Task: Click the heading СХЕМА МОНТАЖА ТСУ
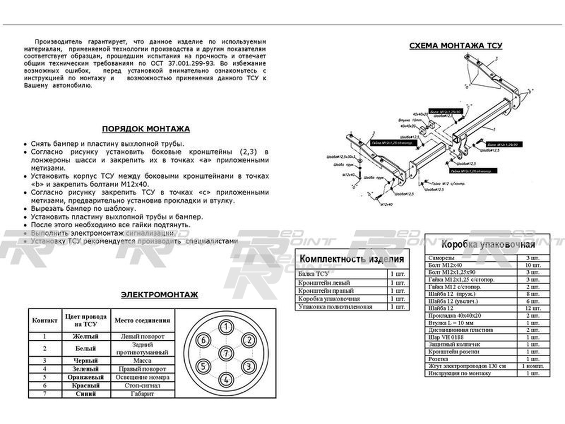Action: tap(455, 46)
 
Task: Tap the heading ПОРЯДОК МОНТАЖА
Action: tap(145, 129)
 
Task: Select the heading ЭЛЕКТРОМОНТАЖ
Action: tap(159, 295)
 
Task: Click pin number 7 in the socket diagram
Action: tap(225, 353)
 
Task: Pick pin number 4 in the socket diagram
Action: tap(225, 379)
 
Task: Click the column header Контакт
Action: tap(45, 320)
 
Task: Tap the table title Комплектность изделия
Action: tap(352, 259)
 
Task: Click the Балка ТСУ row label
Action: tap(313, 274)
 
